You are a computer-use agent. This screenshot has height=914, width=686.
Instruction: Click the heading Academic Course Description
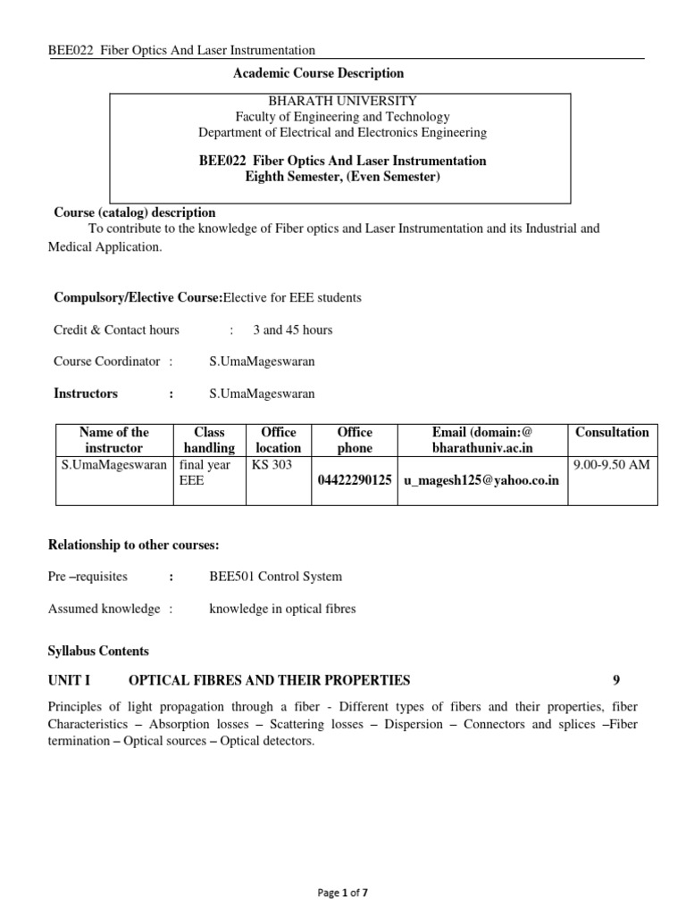click(318, 73)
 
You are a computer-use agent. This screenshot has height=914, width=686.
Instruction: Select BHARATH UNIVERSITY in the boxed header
click(342, 101)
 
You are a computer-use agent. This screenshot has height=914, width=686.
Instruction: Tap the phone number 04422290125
click(355, 481)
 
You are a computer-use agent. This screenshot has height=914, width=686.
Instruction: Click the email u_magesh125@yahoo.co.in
click(481, 481)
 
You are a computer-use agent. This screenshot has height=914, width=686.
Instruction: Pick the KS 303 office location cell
click(272, 465)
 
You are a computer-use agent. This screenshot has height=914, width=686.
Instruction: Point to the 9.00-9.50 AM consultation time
click(612, 465)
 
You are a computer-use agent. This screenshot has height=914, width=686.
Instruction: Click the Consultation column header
click(612, 432)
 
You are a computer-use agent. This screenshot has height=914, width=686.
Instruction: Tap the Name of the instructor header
click(113, 440)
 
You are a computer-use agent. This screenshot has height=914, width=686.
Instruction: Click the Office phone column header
click(355, 440)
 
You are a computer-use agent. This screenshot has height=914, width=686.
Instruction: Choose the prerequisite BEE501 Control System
click(275, 577)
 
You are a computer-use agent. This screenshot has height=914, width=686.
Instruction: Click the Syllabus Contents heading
click(98, 651)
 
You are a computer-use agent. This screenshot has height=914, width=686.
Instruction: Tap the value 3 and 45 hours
click(292, 329)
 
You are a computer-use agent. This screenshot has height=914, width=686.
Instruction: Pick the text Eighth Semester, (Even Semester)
click(342, 177)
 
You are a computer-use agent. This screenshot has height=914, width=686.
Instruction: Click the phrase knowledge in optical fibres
click(282, 609)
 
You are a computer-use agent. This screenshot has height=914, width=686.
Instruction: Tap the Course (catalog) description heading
click(134, 212)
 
